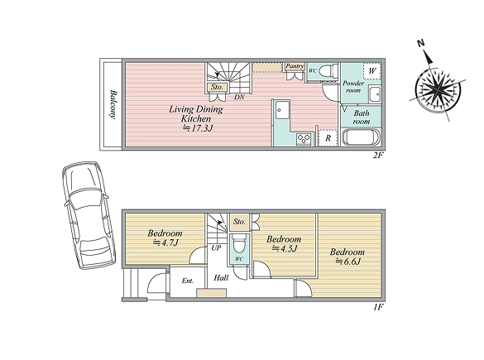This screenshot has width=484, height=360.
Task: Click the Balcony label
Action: pyautogui.click(x=113, y=104)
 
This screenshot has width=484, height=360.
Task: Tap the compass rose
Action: pyautogui.click(x=438, y=89)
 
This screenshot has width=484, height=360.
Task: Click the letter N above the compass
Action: pyautogui.click(x=420, y=43)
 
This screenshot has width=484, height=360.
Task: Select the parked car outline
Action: pyautogui.click(x=89, y=215)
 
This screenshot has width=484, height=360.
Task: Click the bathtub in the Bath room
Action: pyautogui.click(x=361, y=137)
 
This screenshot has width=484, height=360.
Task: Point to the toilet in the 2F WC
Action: pyautogui.click(x=327, y=71)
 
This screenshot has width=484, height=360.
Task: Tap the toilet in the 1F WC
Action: pyautogui.click(x=239, y=244)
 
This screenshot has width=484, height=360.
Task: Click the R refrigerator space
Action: pyautogui.click(x=328, y=138)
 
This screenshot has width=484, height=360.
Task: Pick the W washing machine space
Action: pyautogui.click(x=372, y=71)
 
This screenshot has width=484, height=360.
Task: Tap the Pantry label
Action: pyautogui.click(x=295, y=66)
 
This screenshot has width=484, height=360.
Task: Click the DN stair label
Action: pyautogui.click(x=239, y=97)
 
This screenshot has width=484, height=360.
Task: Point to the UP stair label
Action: pyautogui.click(x=216, y=247)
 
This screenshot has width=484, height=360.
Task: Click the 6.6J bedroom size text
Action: pyautogui.click(x=348, y=262)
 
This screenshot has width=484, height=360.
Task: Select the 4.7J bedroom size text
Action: pyautogui.click(x=165, y=242)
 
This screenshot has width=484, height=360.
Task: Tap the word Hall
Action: pyautogui.click(x=221, y=278)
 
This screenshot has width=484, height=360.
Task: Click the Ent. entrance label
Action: pyautogui.click(x=188, y=281)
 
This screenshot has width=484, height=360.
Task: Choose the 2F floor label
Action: pyautogui.click(x=378, y=155)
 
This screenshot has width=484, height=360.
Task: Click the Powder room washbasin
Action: pyautogui.click(x=375, y=94)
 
